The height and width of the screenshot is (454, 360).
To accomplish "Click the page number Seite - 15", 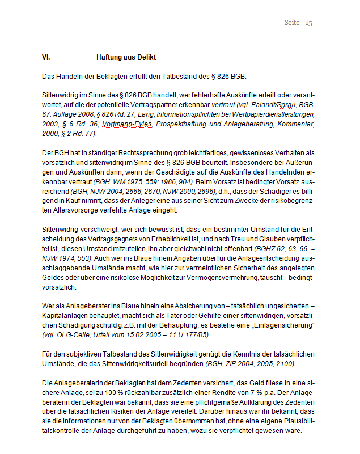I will [300, 23].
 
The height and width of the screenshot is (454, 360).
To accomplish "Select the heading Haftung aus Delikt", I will [126, 58].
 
